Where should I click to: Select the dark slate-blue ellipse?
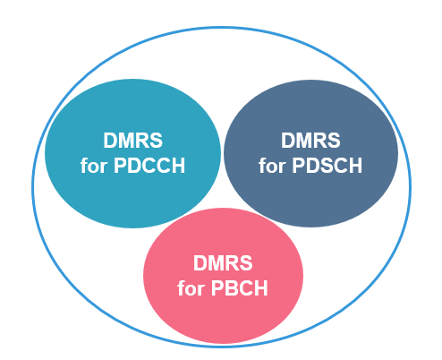point(358,193)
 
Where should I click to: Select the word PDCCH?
point(151,167)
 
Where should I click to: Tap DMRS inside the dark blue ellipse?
point(310,141)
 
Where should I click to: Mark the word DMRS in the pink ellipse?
point(223,265)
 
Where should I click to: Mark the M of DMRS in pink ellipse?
point(216,265)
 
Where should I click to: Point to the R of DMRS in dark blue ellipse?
point(319,141)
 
